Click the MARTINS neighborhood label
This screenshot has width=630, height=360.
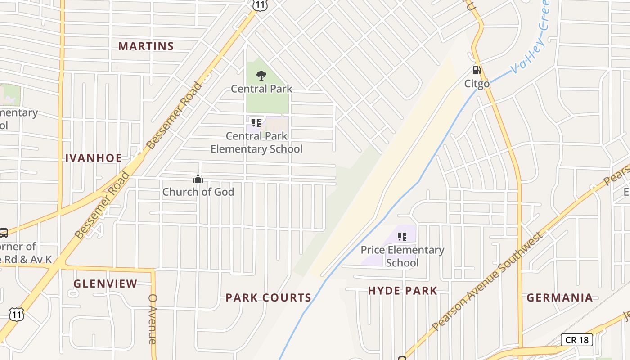pos(146,46)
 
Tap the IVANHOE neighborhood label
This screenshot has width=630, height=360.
pos(94,158)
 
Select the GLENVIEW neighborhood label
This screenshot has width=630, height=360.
pos(105,283)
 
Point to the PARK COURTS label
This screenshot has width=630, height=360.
pos(268,297)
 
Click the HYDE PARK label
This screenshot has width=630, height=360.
pos(402,291)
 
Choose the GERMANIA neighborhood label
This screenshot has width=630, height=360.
pos(560,297)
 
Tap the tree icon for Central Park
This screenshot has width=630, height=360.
pos(261,76)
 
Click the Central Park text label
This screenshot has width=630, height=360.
pos(261,89)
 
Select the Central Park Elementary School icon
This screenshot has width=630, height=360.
pos(256,122)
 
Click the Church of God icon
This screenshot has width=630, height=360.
pos(198,179)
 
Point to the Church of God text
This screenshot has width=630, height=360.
pos(198,192)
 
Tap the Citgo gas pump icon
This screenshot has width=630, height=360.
pos(477,70)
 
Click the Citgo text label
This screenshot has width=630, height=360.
pos(477,84)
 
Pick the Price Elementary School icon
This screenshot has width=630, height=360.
pos(402,236)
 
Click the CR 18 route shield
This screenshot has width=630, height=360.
pos(577,340)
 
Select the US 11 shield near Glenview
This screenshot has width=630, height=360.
pos(17,314)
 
